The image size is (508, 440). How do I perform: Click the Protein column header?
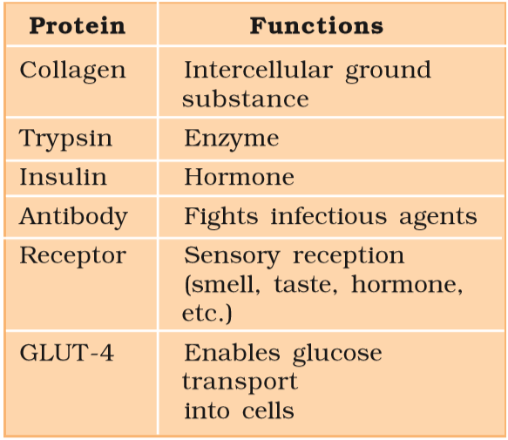pyautogui.click(x=77, y=26)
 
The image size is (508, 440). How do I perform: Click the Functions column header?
pyautogui.click(x=316, y=26)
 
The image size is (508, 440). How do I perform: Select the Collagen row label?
pyautogui.click(x=72, y=71)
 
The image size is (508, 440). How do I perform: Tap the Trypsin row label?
pyautogui.click(x=65, y=139)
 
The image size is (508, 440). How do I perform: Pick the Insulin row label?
pyautogui.click(x=64, y=177)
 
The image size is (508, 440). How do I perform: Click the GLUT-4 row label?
pyautogui.click(x=67, y=353)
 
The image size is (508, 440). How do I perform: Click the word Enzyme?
pyautogui.click(x=231, y=139)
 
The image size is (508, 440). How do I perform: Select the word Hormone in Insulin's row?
pyautogui.click(x=239, y=177)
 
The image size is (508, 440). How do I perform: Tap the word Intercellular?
pyautogui.click(x=258, y=70)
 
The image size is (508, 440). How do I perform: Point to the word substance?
pyautogui.click(x=245, y=98)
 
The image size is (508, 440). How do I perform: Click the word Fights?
pyautogui.click(x=221, y=217)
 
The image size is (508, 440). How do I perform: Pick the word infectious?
pyautogui.click(x=329, y=216)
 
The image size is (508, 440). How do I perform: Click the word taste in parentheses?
pyautogui.click(x=306, y=285)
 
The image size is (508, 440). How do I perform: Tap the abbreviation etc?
pyautogui.click(x=207, y=314)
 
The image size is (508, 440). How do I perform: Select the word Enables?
pyautogui.click(x=232, y=353)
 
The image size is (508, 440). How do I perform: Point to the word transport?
pyautogui.click(x=240, y=382)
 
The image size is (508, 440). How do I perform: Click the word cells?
pyautogui.click(x=268, y=410)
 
